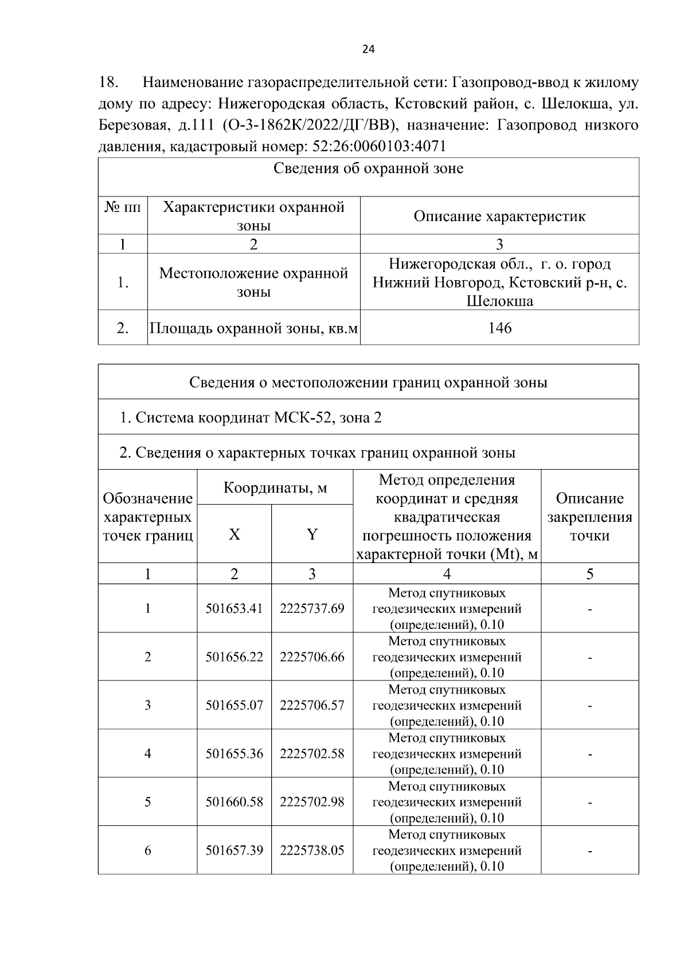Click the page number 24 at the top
click(369, 50)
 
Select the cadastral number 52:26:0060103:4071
click(379, 147)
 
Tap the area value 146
click(499, 328)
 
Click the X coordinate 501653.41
click(234, 608)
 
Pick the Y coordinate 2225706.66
click(312, 657)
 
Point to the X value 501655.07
click(234, 705)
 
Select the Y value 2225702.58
click(312, 754)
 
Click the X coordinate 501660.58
click(234, 802)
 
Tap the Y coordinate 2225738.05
click(312, 851)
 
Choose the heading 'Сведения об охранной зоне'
click(368, 169)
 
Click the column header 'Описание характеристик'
click(499, 217)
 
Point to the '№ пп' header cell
click(123, 207)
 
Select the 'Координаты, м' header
click(275, 488)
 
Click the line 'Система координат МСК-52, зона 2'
click(251, 418)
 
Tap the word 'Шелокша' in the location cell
click(499, 301)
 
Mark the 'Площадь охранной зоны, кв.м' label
click(254, 328)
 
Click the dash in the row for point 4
click(589, 754)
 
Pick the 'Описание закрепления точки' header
click(589, 517)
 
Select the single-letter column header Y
click(312, 534)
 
